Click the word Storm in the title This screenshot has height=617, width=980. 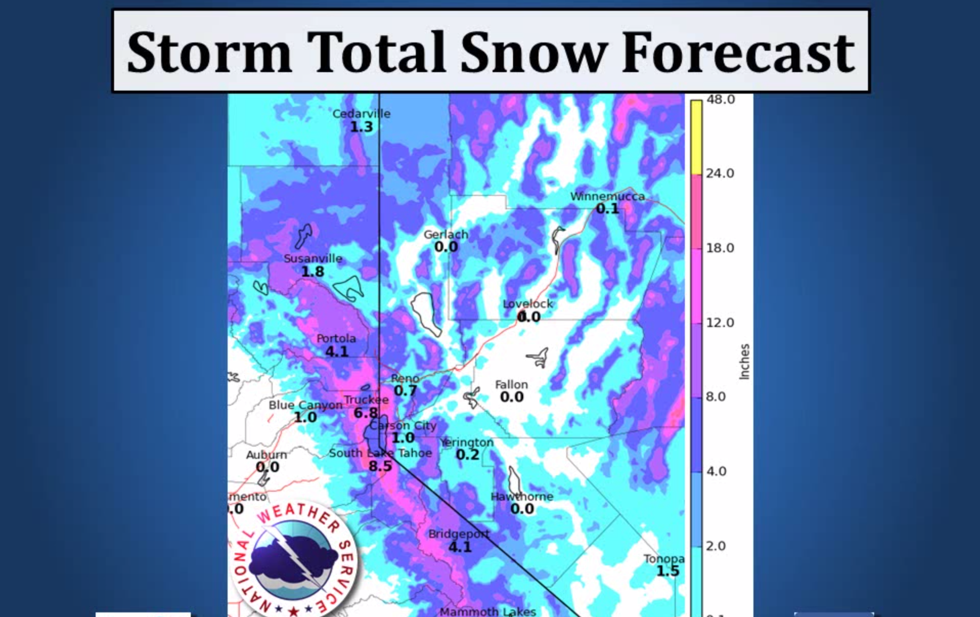coord(209,53)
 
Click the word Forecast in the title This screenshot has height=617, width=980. coord(738,53)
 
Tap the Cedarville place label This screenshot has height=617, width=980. coord(361,114)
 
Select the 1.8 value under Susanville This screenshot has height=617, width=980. coord(313,272)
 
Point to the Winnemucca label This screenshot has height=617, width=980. coord(607,196)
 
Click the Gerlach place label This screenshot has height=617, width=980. coord(446,235)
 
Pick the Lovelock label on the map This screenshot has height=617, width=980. coord(528,304)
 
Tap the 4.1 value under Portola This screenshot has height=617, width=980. coord(337,351)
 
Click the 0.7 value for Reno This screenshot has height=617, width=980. coord(405,391)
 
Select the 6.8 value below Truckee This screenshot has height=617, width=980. coord(366,413)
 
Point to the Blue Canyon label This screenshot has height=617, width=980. coord(305,405)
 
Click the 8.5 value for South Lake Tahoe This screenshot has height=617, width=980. coord(380,466)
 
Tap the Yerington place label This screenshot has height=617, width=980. coord(467,443)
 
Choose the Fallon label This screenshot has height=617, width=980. coord(511,385)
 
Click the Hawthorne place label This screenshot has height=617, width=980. coord(522,496)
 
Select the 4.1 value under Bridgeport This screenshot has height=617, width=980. coord(460,547)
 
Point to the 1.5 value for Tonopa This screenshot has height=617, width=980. coord(667,571)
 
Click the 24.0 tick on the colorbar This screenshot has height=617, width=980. coord(720,173)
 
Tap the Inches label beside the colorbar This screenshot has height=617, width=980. coord(744,361)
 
